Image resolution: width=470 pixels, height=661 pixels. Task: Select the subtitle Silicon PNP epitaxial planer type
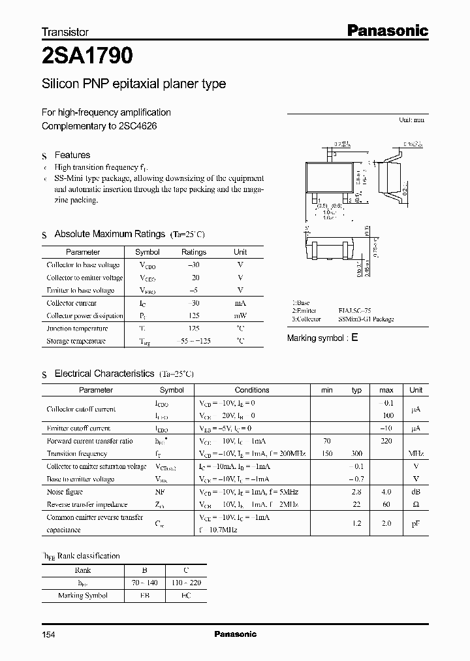134,84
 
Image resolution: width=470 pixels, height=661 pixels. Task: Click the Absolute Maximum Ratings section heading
109,234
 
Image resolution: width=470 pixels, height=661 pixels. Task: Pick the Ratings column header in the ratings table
193,252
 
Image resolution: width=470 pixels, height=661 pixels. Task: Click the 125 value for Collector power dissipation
193,315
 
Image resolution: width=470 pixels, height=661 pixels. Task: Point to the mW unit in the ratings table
240,315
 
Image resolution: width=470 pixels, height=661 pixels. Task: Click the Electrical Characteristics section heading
104,374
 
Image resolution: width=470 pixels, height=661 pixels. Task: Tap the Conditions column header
252,390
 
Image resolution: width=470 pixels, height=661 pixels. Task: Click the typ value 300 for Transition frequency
356,453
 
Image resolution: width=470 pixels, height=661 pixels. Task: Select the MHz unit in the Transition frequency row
416,453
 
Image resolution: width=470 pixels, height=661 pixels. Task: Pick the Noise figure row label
66,492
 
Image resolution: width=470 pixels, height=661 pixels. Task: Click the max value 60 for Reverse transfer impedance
386,504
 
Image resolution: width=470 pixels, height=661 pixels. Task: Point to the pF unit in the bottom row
416,523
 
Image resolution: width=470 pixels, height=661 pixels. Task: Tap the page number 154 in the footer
48,634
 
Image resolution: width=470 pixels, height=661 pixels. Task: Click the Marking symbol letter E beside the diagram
354,338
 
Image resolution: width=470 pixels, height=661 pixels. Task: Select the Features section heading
72,155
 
